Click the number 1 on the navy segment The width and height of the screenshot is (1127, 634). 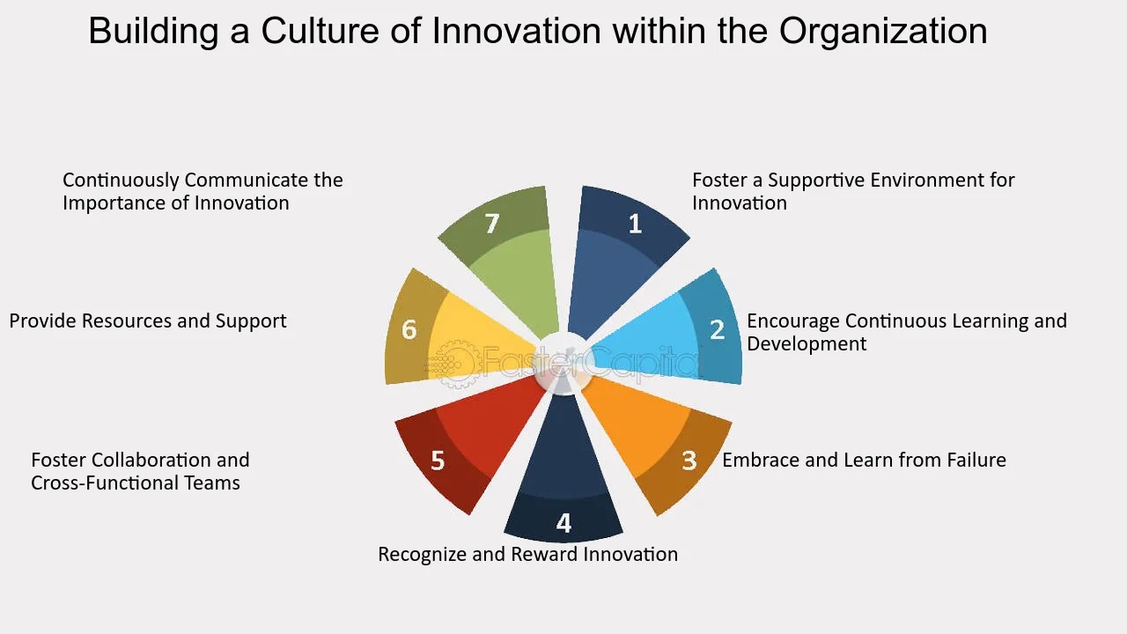pyautogui.click(x=636, y=224)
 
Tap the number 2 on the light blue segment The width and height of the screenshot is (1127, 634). pyautogui.click(x=717, y=329)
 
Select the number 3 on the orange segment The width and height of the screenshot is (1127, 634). pyautogui.click(x=689, y=461)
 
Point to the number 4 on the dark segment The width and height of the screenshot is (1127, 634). pyautogui.click(x=563, y=523)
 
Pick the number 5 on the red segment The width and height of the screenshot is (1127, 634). pyautogui.click(x=438, y=461)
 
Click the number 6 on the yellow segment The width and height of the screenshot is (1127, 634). pyautogui.click(x=409, y=329)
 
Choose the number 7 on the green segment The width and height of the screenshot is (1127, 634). pyautogui.click(x=492, y=224)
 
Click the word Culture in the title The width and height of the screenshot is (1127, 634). pyautogui.click(x=320, y=31)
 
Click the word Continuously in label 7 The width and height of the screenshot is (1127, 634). pyautogui.click(x=121, y=181)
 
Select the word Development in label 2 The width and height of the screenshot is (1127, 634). pyautogui.click(x=807, y=344)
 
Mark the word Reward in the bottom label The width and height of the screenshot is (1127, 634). pyautogui.click(x=545, y=555)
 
